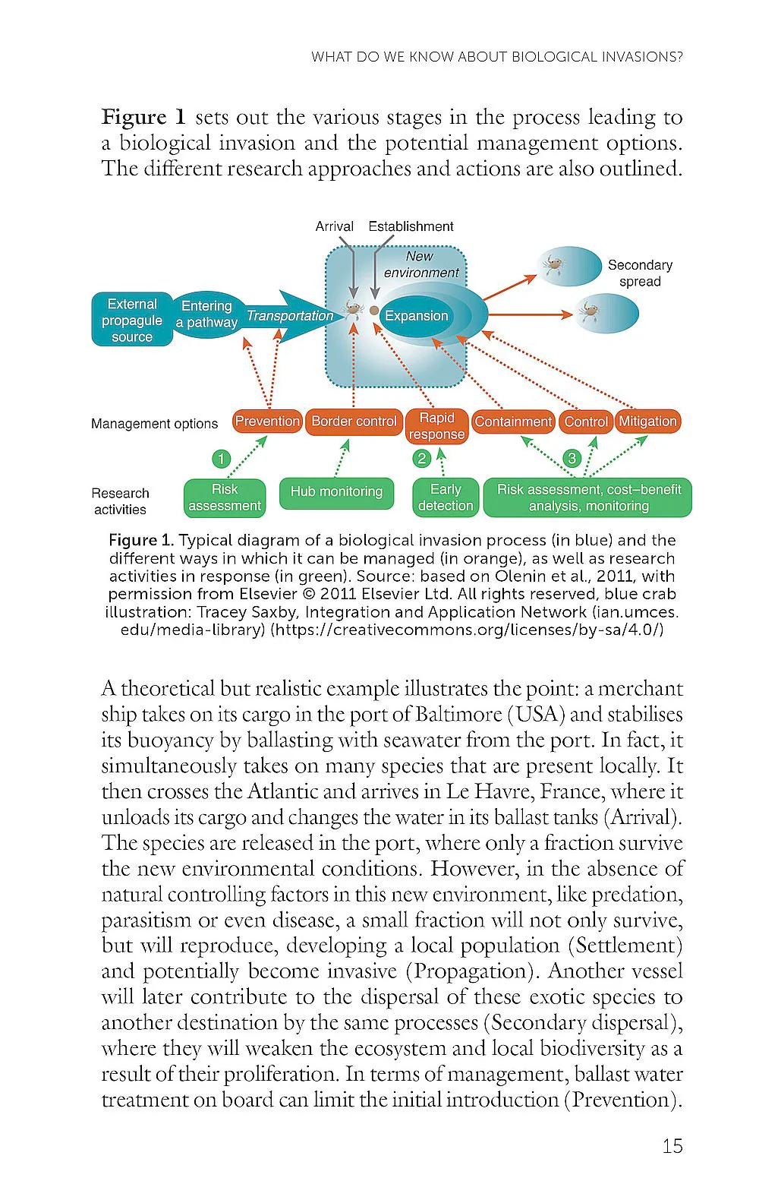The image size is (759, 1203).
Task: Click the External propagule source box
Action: click(132, 320)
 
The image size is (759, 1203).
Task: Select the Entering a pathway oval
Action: click(206, 314)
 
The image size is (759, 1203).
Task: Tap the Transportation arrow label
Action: click(290, 315)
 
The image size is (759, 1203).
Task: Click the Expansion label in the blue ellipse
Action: click(416, 316)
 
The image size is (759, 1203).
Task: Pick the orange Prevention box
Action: click(267, 422)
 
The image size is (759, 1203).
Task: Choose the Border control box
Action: click(354, 422)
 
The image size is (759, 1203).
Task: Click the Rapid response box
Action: click(436, 426)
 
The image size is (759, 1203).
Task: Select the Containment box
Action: click(513, 422)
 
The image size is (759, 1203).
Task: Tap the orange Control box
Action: click(586, 422)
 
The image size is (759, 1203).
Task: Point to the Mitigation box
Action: click(647, 422)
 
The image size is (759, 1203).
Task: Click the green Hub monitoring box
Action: click(336, 491)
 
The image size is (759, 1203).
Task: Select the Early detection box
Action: click(446, 497)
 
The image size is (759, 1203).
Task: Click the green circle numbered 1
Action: click(221, 459)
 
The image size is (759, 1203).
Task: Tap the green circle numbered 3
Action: click(572, 458)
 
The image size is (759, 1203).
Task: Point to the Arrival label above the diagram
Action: click(334, 226)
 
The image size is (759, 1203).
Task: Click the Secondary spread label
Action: click(640, 273)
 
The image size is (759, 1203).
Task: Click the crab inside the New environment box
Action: click(354, 308)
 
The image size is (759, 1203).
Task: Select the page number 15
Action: click(672, 1146)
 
